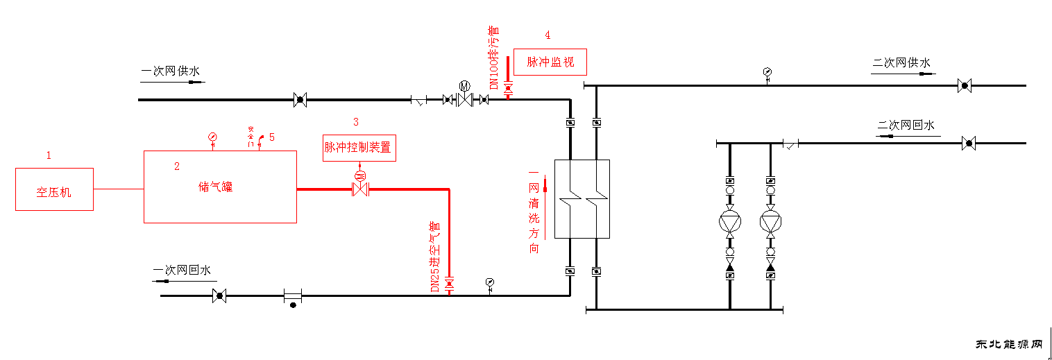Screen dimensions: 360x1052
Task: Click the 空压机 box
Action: click(x=54, y=189)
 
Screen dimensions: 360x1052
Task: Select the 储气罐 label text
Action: click(x=216, y=187)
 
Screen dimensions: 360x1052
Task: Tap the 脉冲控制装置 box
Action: click(x=359, y=148)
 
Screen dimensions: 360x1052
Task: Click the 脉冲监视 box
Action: click(x=550, y=62)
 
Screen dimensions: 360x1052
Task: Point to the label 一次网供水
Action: click(x=170, y=71)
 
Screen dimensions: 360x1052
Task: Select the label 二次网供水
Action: click(x=901, y=63)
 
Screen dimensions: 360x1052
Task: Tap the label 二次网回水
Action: click(x=906, y=126)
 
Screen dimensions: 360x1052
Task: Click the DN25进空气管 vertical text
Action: click(x=435, y=256)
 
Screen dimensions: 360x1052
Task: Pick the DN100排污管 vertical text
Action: click(x=494, y=58)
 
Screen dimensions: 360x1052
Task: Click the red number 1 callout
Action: click(x=49, y=155)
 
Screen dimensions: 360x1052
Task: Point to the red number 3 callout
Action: click(x=356, y=122)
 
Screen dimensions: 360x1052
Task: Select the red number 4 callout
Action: click(x=548, y=35)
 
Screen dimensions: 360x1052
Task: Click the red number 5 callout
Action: click(x=272, y=137)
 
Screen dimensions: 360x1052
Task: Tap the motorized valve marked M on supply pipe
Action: click(x=464, y=98)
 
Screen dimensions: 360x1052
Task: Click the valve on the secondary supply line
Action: click(x=963, y=87)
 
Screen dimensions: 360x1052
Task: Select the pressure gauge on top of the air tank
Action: click(x=212, y=137)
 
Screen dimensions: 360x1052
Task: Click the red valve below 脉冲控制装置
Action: click(x=360, y=189)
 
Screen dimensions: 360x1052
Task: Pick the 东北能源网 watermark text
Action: click(x=1010, y=345)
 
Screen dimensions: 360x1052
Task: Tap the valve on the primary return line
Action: click(x=219, y=296)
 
